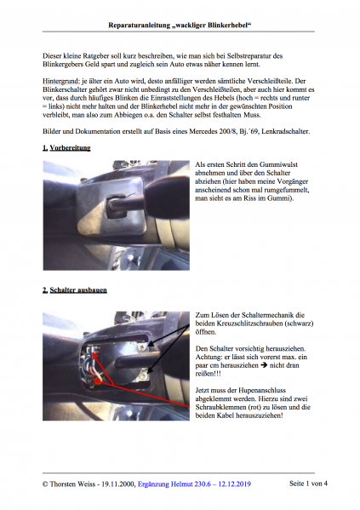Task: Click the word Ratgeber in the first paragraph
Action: (100, 54)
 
